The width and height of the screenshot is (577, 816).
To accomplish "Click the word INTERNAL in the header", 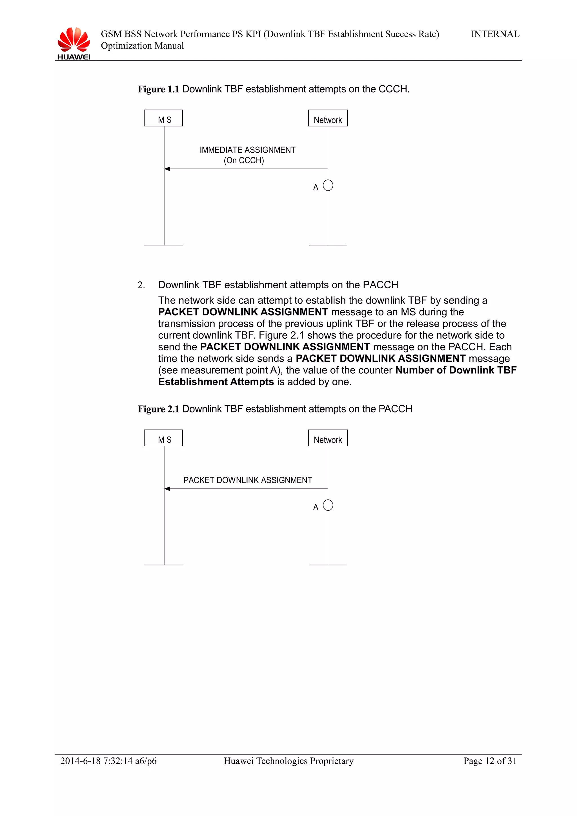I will pyautogui.click(x=495, y=34).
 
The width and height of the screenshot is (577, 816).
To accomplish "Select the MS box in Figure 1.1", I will pyautogui.click(x=163, y=118).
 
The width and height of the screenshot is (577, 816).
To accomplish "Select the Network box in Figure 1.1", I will pyautogui.click(x=327, y=118).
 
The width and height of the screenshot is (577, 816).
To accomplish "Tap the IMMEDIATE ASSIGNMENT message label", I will pyautogui.click(x=247, y=150).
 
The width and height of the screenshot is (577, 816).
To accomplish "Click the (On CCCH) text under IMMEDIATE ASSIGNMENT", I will pyautogui.click(x=244, y=161).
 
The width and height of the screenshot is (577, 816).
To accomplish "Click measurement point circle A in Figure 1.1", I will pyautogui.click(x=328, y=186).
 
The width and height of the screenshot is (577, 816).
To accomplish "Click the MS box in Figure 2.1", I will pyautogui.click(x=163, y=438).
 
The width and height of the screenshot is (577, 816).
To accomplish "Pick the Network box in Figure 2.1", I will pyautogui.click(x=327, y=438).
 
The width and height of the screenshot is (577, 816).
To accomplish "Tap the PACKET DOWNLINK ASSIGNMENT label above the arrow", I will pyautogui.click(x=247, y=480).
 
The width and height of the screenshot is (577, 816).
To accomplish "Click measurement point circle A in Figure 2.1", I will pyautogui.click(x=328, y=505).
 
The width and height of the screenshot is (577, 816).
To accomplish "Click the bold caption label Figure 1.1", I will pyautogui.click(x=159, y=89).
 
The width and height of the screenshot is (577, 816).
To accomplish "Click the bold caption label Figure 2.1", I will pyautogui.click(x=159, y=409).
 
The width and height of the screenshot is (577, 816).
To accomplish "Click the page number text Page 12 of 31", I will pyautogui.click(x=490, y=761).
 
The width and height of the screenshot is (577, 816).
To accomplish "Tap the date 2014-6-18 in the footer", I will pyautogui.click(x=80, y=761).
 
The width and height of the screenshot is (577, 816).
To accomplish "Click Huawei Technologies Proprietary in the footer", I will pyautogui.click(x=288, y=761).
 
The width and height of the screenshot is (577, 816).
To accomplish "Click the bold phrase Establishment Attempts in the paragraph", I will pyautogui.click(x=216, y=382).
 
